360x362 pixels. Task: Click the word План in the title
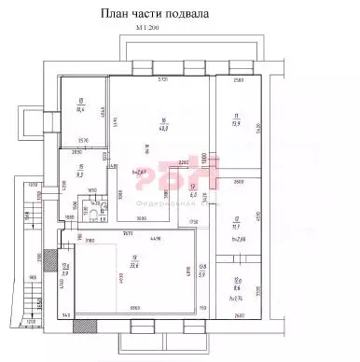click(116, 16)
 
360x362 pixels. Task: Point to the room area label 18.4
click(81, 109)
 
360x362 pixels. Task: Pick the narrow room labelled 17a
click(66, 271)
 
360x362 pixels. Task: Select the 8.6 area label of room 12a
click(238, 288)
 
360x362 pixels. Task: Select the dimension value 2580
click(238, 82)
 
